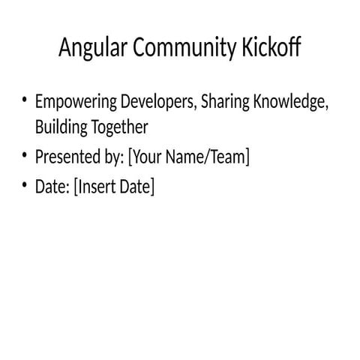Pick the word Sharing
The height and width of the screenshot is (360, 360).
coord(226,102)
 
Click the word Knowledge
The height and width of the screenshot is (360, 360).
coord(291,102)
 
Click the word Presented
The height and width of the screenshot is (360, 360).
coord(67,157)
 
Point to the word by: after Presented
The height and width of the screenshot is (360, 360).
coord(113,157)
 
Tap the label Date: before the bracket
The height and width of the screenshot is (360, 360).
coord(52,187)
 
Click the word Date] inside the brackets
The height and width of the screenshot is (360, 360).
coord(138,187)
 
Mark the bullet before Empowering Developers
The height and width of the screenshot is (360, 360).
coord(24,100)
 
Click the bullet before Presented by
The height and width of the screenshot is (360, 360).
coord(24,155)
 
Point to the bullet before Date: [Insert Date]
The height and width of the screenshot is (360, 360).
coord(24,184)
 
